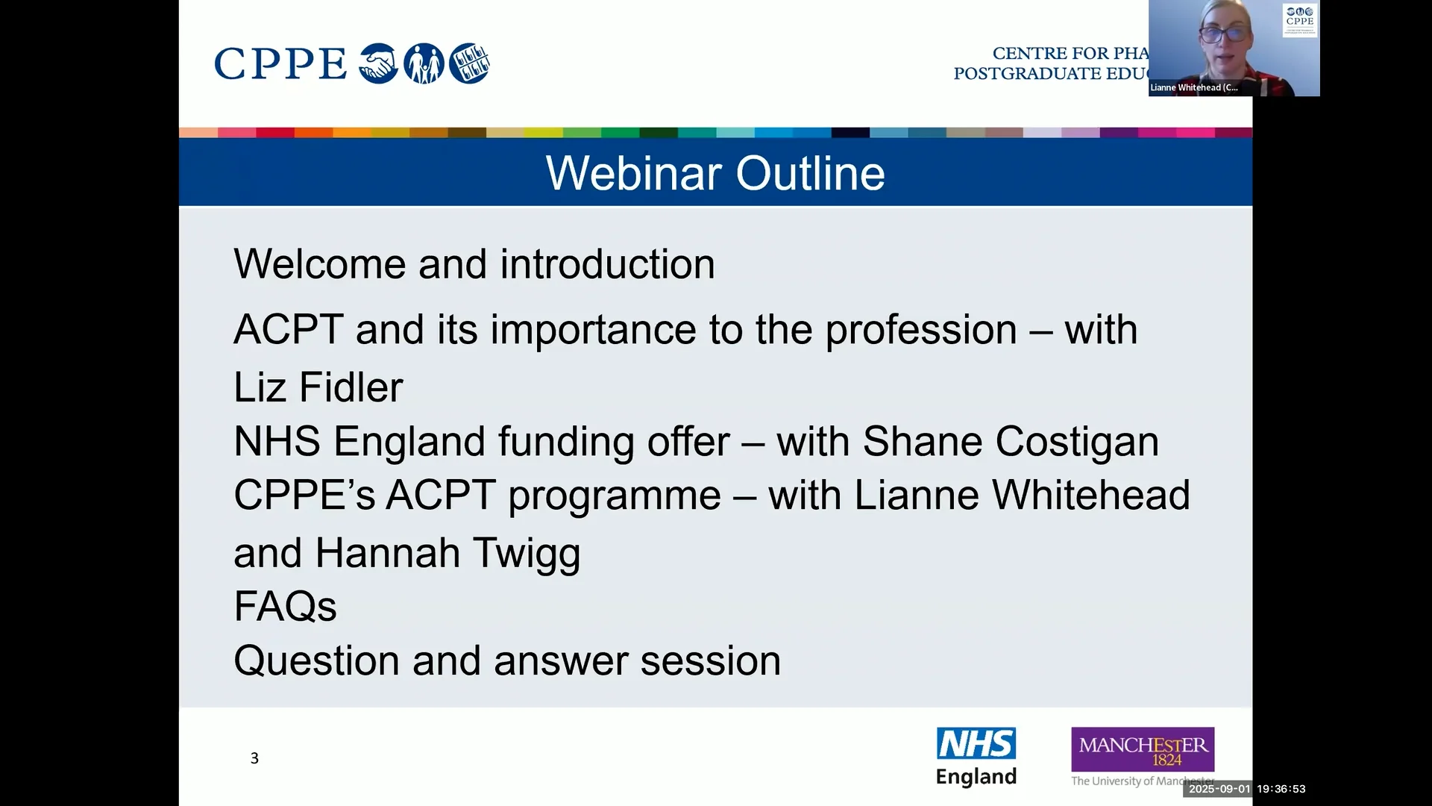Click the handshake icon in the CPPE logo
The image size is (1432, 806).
pyautogui.click(x=378, y=63)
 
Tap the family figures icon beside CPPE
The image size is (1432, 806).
pyautogui.click(x=424, y=63)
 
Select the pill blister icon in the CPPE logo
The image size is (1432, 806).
pyautogui.click(x=469, y=63)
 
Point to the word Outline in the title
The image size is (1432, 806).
pyautogui.click(x=811, y=173)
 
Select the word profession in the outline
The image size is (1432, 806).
pyautogui.click(x=921, y=331)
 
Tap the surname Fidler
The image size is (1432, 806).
pyautogui.click(x=351, y=387)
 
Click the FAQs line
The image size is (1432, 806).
pyautogui.click(x=285, y=606)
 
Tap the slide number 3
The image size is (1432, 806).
pyautogui.click(x=254, y=758)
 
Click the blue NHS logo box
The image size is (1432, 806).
pyautogui.click(x=976, y=743)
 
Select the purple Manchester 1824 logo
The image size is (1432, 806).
pyautogui.click(x=1143, y=749)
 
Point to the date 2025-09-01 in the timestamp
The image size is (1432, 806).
pyautogui.click(x=1219, y=789)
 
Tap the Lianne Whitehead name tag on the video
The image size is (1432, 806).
pyautogui.click(x=1194, y=87)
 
